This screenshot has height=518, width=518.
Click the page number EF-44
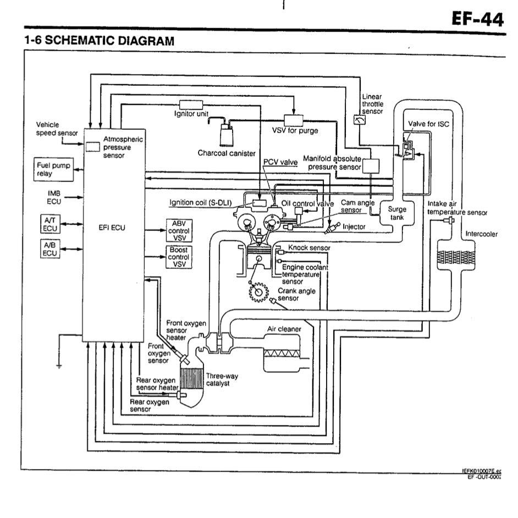477,20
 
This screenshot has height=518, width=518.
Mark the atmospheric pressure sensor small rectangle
92,147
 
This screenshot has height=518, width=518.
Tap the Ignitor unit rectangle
191,104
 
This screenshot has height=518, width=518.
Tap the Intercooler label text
481,234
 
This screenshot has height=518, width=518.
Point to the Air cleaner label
284,329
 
